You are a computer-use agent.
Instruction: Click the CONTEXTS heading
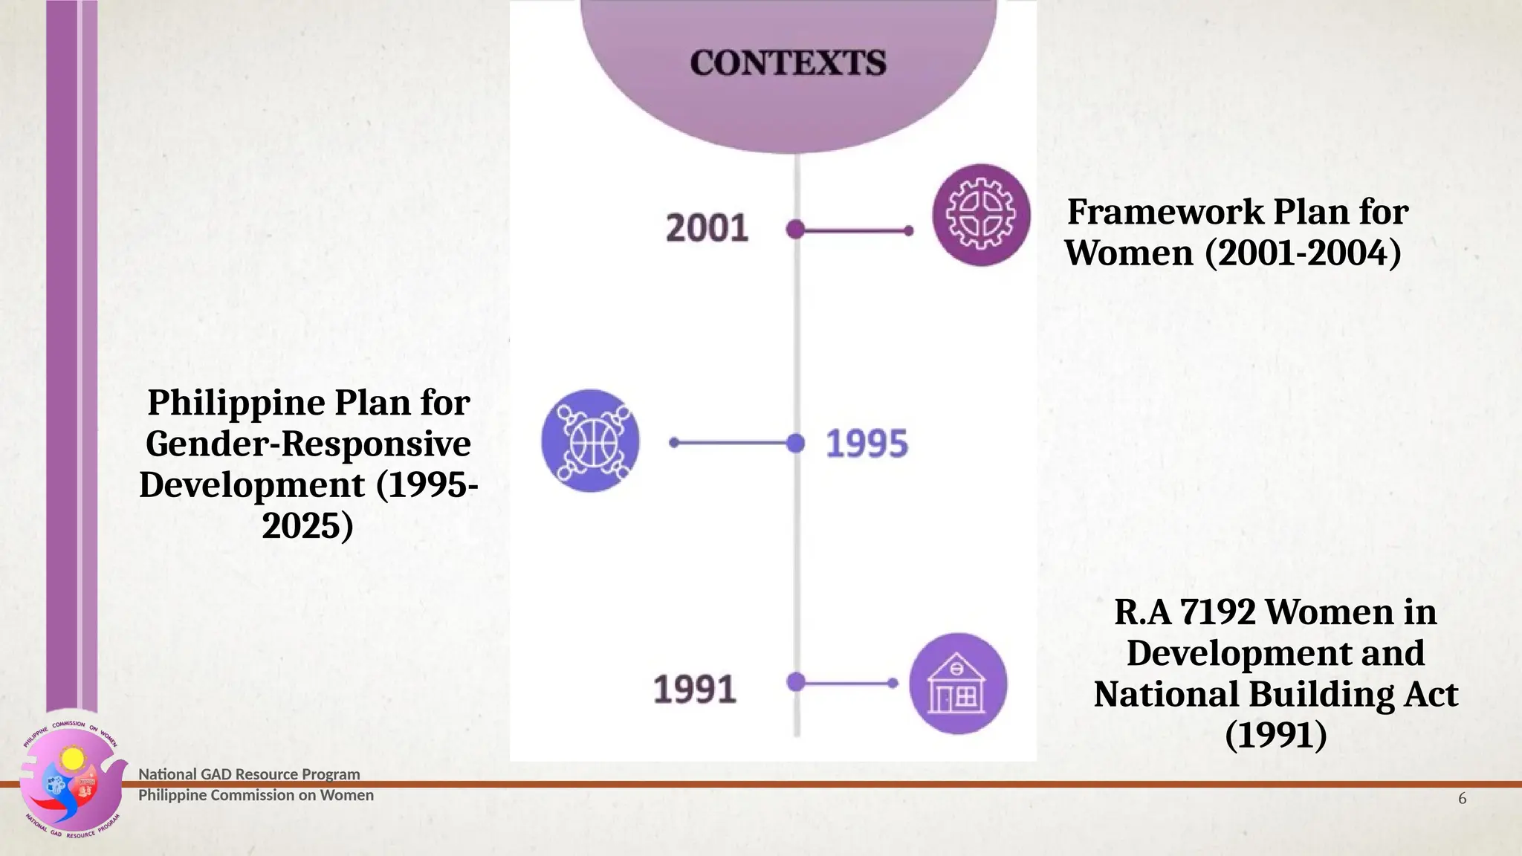788,63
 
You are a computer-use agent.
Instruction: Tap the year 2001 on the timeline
707,228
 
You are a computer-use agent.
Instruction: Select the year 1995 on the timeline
867,444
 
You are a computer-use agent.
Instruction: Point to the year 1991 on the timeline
694,689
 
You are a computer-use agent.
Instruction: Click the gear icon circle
981,215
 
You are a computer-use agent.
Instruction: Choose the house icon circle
958,684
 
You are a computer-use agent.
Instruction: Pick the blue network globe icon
591,441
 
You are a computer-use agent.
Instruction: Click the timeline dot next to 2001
795,230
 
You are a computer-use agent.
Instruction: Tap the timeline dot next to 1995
795,444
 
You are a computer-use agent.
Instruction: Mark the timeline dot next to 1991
795,681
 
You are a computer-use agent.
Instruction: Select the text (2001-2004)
1303,253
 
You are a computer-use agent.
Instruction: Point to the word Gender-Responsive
308,444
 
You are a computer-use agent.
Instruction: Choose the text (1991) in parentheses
1275,735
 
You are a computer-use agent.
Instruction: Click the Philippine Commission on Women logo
72,780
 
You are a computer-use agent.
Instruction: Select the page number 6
1462,799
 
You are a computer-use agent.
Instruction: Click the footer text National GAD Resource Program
249,774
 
